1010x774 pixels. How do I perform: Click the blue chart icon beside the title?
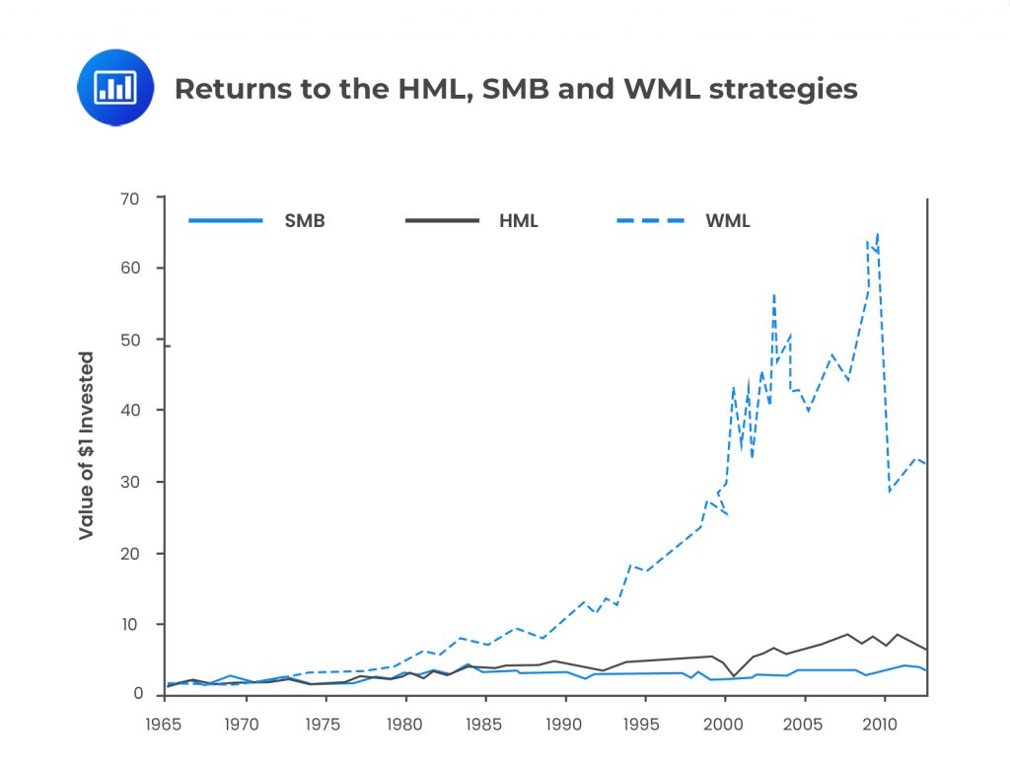tap(115, 88)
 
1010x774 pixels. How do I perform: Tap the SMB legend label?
tap(305, 221)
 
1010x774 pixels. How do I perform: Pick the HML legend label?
tap(518, 221)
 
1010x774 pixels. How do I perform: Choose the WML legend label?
tap(727, 221)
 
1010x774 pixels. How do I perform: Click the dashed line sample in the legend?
tap(650, 221)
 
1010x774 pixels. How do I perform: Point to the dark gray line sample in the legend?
tap(442, 221)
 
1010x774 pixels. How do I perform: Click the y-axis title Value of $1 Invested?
tap(87, 445)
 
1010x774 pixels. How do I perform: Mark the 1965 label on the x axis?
tap(164, 724)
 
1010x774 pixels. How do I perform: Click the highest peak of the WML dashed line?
tap(877, 234)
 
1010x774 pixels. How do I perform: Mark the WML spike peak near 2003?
tap(774, 294)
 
